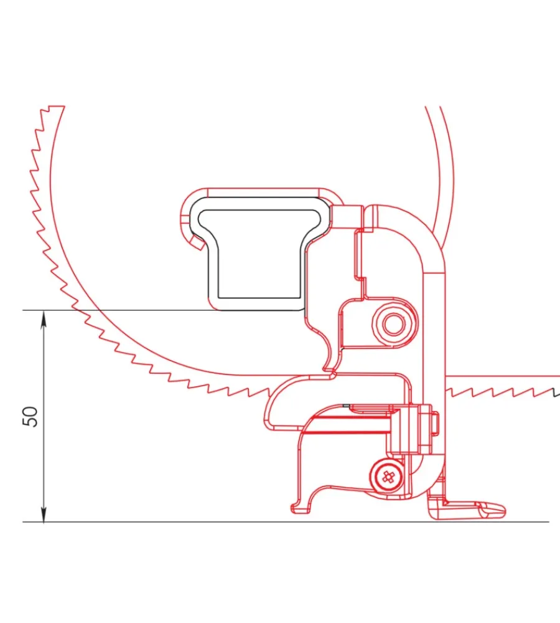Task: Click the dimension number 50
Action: tap(30, 416)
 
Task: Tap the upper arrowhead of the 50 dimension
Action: tap(44, 318)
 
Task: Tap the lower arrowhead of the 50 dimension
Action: tap(44, 514)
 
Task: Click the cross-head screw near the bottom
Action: tap(388, 477)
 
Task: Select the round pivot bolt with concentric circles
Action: tap(393, 324)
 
